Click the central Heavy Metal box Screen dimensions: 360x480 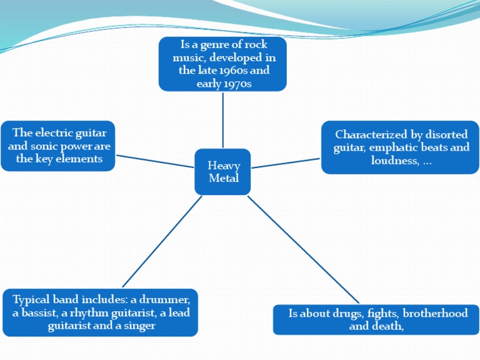(222, 172)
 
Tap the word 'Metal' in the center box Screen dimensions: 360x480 (224, 178)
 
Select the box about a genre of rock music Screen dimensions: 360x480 (222, 64)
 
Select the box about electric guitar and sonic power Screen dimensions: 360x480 (59, 146)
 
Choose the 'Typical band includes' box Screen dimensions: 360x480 (100, 312)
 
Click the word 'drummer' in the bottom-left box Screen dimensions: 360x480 (167, 299)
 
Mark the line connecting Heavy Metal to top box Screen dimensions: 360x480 (222, 119)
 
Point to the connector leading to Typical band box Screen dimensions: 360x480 (162, 241)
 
